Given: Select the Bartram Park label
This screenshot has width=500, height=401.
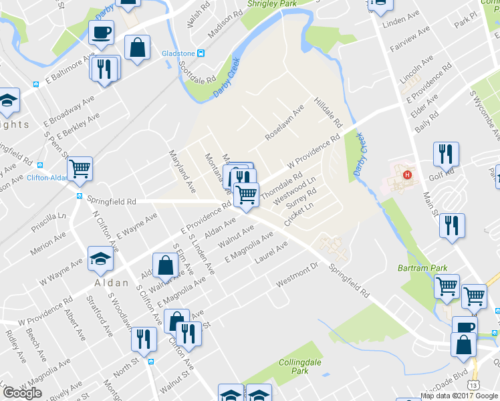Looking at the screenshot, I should [x=429, y=267].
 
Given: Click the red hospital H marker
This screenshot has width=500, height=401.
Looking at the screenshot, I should [x=406, y=176].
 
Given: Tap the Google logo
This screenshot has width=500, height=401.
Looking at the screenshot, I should [x=22, y=393].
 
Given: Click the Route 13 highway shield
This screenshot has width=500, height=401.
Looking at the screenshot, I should [x=473, y=385].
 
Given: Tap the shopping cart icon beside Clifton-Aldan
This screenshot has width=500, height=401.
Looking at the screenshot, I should [x=80, y=168].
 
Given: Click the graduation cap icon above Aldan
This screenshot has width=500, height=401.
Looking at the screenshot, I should [x=100, y=258].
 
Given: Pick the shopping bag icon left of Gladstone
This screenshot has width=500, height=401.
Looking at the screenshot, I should [x=137, y=48].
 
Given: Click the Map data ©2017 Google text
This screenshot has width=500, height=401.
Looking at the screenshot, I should [x=459, y=396].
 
